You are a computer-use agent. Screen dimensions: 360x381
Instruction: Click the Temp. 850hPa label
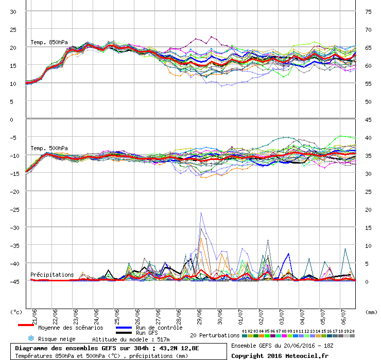pyautogui.click(x=49, y=42)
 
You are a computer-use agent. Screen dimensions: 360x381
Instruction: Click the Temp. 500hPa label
pyautogui.click(x=49, y=148)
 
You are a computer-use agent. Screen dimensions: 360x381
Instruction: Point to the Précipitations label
pyautogui.click(x=52, y=275)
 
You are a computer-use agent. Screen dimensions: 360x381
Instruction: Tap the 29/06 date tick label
pyautogui.click(x=199, y=314)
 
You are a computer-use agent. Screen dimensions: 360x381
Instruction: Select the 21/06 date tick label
pyautogui.click(x=34, y=314)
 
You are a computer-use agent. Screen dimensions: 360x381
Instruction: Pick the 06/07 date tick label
pyautogui.click(x=343, y=314)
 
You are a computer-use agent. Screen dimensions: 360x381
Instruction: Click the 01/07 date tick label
pyautogui.click(x=240, y=314)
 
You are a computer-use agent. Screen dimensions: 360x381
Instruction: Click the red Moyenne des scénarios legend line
pyautogui.click(x=26, y=326)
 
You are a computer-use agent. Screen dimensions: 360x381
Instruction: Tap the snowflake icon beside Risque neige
pyautogui.click(x=30, y=339)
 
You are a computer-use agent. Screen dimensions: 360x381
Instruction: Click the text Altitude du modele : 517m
pyautogui.click(x=131, y=339)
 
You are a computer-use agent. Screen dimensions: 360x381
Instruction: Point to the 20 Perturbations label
pyautogui.click(x=215, y=335)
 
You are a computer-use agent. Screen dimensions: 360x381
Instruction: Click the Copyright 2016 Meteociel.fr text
pyautogui.click(x=280, y=355)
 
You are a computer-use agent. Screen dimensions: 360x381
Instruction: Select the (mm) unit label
pyautogui.click(x=371, y=312)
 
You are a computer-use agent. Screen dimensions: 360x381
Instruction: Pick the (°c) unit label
pyautogui.click(x=16, y=312)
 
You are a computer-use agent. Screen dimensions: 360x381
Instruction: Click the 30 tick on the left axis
pyautogui.click(x=13, y=11)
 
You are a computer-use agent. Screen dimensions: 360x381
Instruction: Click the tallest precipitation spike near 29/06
pyautogui.click(x=201, y=213)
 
